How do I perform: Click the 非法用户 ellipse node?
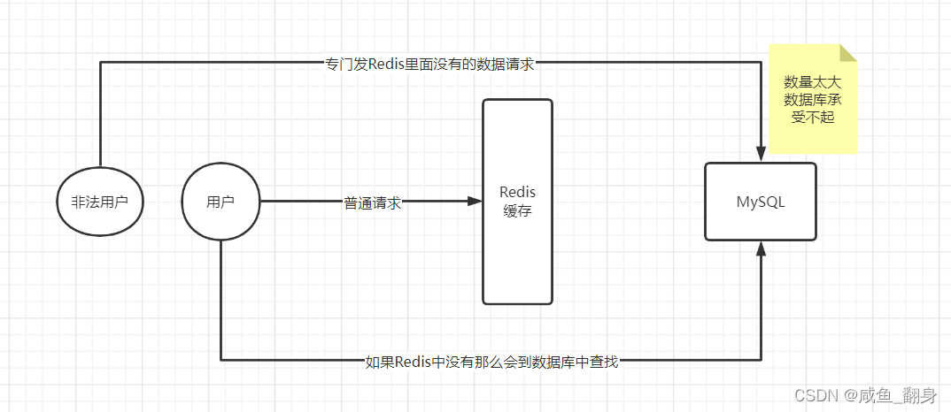click(99, 202)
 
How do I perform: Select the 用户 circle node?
click(220, 202)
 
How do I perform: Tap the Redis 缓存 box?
click(517, 202)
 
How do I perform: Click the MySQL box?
click(760, 202)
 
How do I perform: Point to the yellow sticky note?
click(813, 99)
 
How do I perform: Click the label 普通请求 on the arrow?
click(372, 202)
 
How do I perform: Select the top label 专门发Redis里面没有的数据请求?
click(429, 64)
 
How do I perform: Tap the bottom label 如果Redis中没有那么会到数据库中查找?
click(491, 362)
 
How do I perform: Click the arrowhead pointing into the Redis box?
click(475, 202)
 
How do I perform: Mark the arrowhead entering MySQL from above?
click(761, 156)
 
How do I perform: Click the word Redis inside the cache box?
click(517, 192)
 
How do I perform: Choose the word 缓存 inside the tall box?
click(517, 211)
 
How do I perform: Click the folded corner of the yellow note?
click(848, 53)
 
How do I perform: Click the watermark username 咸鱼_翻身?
click(894, 395)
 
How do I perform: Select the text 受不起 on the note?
click(813, 118)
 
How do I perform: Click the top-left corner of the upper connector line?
click(100, 63)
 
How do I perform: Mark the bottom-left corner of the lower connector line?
click(220, 360)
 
